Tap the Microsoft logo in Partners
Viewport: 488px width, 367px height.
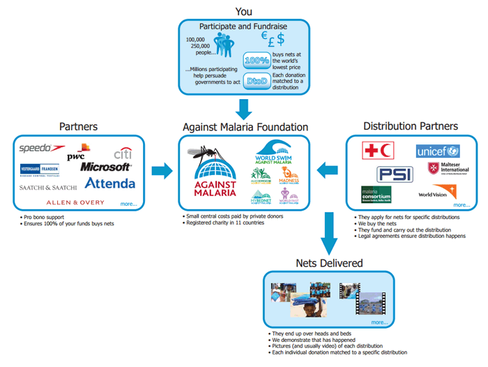pyautogui.click(x=105, y=167)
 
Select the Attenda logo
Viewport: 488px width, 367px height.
pyautogui.click(x=109, y=183)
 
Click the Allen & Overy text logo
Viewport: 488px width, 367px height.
pyautogui.click(x=75, y=202)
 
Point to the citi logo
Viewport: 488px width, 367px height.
pyautogui.click(x=123, y=153)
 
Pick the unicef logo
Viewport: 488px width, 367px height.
pyautogui.click(x=438, y=151)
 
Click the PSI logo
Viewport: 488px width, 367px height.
pyautogui.click(x=395, y=174)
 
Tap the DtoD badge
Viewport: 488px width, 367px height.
pyautogui.click(x=257, y=80)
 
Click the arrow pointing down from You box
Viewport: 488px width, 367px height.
pyautogui.click(x=243, y=109)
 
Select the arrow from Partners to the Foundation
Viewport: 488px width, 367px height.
pyautogui.click(x=161, y=170)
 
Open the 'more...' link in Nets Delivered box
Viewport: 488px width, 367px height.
pyautogui.click(x=379, y=322)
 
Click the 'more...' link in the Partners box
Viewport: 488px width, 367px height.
pyautogui.click(x=128, y=204)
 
